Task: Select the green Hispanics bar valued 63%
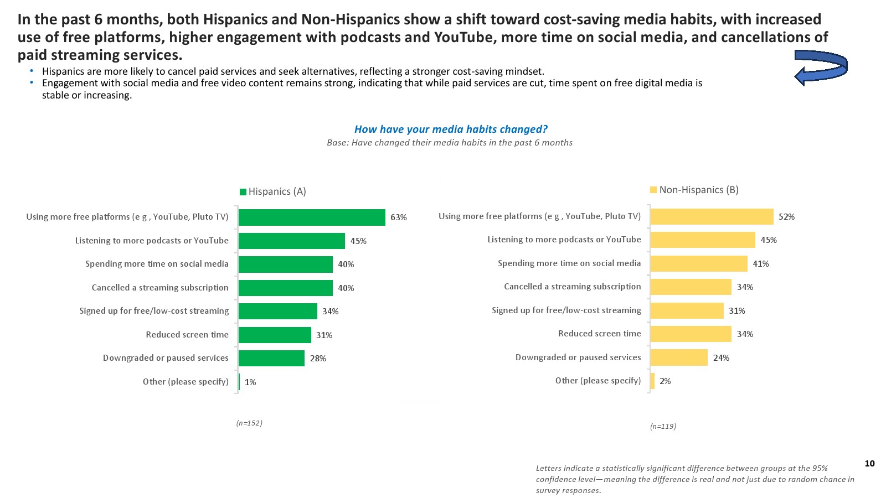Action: pos(312,217)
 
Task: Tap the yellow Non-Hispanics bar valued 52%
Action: pos(712,217)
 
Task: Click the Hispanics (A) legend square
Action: pos(243,192)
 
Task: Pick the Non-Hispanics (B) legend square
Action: pos(653,190)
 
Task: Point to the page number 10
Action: pos(869,464)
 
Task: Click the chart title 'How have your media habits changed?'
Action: pos(450,129)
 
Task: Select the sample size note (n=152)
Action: pos(249,423)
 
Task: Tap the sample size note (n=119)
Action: pos(663,427)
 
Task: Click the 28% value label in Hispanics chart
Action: pos(318,359)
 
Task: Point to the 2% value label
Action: pos(665,381)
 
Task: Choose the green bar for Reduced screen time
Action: pos(275,335)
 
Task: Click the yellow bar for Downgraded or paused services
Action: pos(679,357)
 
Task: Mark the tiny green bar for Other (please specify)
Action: pos(239,382)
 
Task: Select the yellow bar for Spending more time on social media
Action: pos(699,264)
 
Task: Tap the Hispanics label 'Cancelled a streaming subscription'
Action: pos(160,288)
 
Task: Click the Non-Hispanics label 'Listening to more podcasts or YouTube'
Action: pos(564,240)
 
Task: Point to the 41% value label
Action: pos(761,264)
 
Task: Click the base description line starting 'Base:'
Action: pos(449,143)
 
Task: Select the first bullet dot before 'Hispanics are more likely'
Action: pos(32,71)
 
